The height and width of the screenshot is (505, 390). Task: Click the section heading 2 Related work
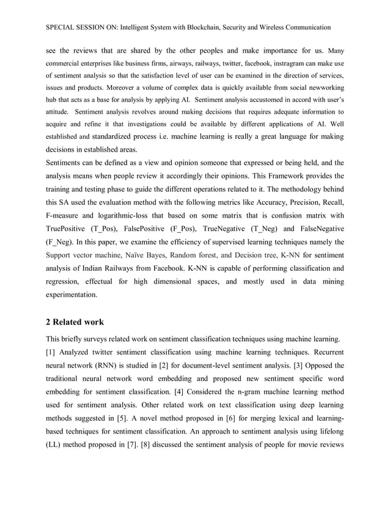(75, 322)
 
